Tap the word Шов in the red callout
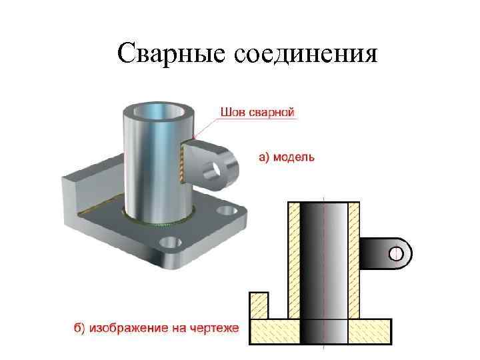(x=235, y=112)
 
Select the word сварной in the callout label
(x=271, y=112)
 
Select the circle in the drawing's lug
(x=397, y=253)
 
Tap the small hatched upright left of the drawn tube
(x=259, y=306)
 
